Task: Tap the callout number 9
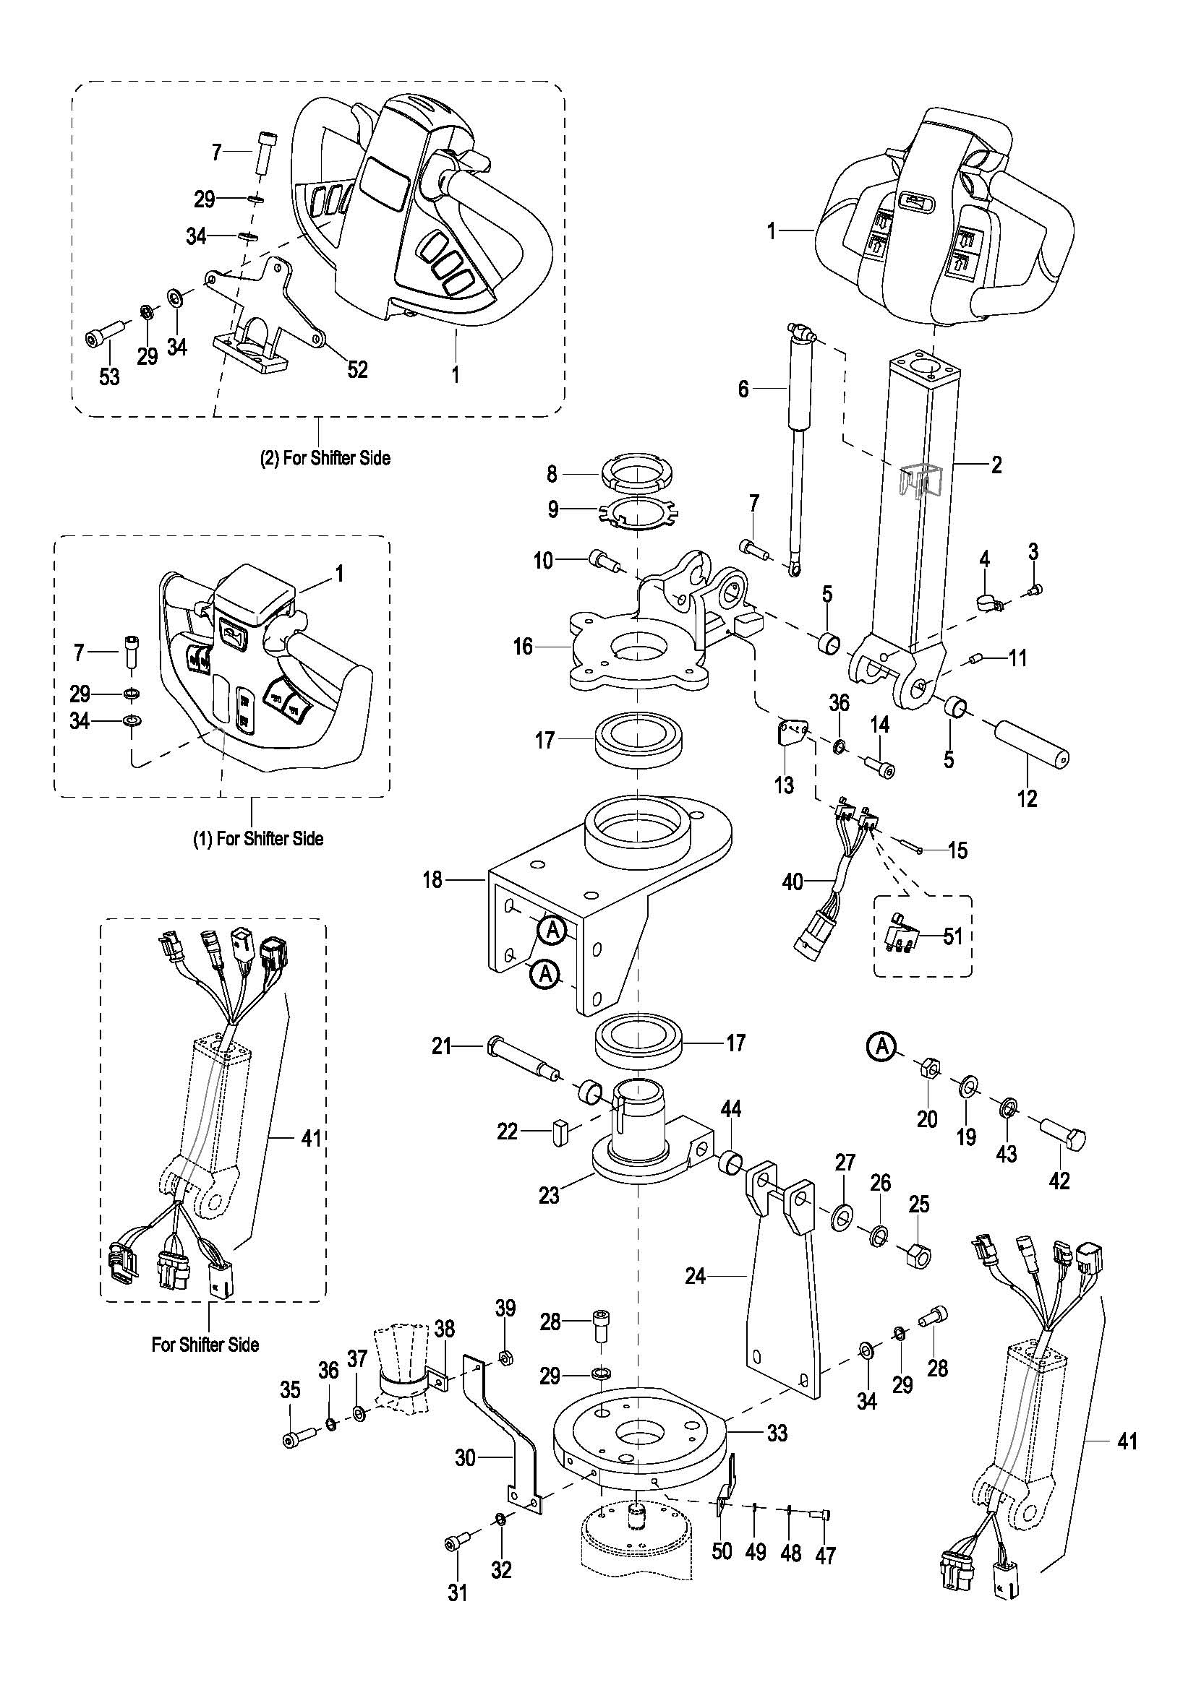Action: pos(553,509)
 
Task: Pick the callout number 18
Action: pos(432,879)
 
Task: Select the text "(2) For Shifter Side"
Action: pos(325,458)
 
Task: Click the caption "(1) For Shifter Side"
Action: pos(257,838)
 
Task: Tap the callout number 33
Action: pos(778,1432)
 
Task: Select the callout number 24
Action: pos(695,1275)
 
